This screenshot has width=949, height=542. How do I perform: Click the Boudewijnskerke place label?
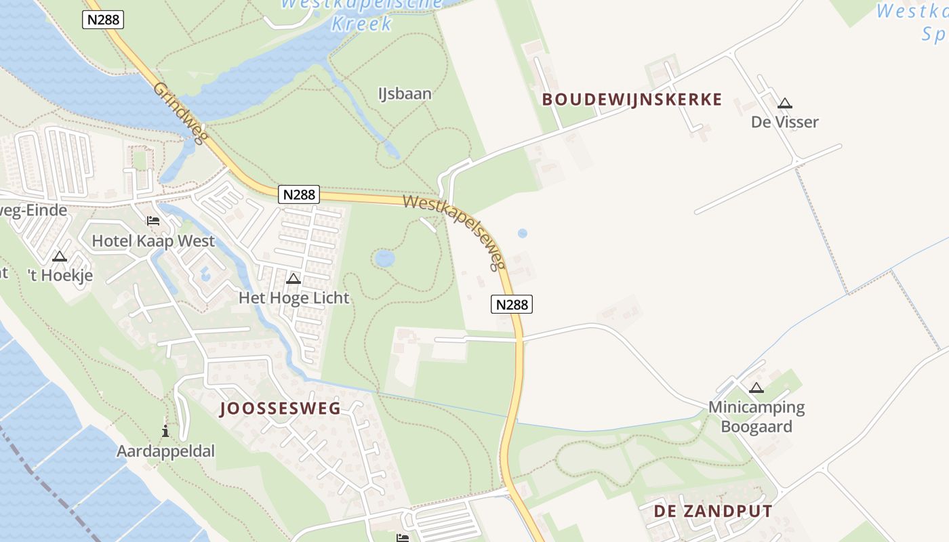click(x=632, y=100)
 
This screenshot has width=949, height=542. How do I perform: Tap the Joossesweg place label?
click(x=280, y=408)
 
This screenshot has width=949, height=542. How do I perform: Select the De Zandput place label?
click(x=712, y=512)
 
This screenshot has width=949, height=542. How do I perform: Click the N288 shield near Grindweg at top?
click(x=103, y=20)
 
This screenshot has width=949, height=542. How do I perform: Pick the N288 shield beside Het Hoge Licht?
click(x=298, y=194)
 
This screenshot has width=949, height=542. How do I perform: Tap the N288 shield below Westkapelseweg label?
click(x=512, y=304)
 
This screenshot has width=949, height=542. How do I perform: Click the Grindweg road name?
click(x=179, y=112)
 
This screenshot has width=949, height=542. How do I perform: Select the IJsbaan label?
click(x=405, y=93)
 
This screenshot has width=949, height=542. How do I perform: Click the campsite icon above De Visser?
click(x=785, y=104)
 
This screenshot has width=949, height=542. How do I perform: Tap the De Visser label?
click(x=785, y=122)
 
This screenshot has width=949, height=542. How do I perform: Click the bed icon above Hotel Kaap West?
click(x=153, y=221)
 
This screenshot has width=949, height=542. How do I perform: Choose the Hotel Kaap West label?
click(x=153, y=241)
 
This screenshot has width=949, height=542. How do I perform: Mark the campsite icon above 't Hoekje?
click(x=60, y=257)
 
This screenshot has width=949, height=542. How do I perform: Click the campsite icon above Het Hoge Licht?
click(x=294, y=278)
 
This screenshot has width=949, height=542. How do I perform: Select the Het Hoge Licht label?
click(x=294, y=297)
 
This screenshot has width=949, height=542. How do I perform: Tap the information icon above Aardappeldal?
click(x=165, y=431)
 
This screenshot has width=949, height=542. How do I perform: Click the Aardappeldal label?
click(x=165, y=451)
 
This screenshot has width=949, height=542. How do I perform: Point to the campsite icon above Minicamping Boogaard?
click(x=756, y=388)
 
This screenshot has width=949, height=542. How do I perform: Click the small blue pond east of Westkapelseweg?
click(x=522, y=233)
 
